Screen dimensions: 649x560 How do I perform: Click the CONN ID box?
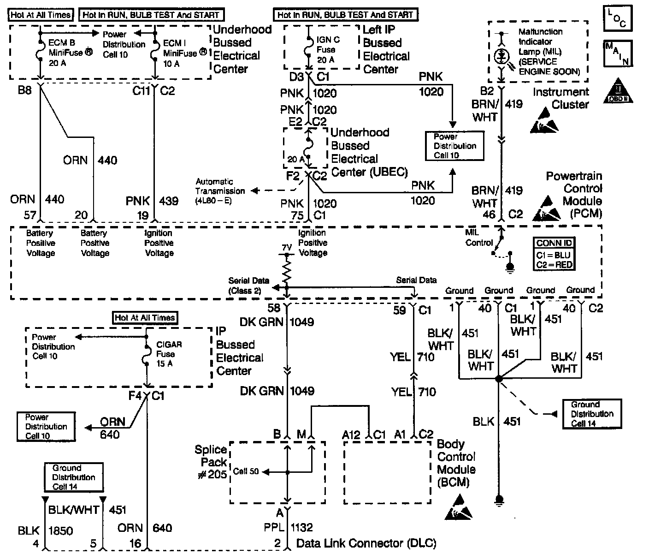point(554,254)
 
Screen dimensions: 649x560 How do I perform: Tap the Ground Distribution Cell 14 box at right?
point(592,414)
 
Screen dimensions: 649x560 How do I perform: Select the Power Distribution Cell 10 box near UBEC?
point(454,146)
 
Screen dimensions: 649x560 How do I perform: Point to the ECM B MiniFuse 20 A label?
point(71,53)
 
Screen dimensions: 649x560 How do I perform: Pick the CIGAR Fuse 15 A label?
point(169,354)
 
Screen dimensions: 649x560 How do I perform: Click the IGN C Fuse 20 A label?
point(328,50)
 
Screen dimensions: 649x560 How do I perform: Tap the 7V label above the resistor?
point(287,248)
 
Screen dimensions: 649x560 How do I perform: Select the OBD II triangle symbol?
point(618,91)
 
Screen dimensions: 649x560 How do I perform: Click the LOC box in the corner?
point(618,18)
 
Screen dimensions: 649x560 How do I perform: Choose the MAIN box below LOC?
point(618,54)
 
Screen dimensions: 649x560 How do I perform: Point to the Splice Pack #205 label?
point(211,462)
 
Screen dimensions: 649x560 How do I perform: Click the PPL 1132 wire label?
point(289,527)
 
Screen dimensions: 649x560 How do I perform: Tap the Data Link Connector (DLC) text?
point(366,543)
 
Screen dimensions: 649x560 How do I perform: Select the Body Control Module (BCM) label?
point(456,463)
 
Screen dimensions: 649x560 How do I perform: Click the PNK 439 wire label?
point(152,201)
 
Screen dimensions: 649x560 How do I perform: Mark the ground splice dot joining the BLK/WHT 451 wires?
point(499,379)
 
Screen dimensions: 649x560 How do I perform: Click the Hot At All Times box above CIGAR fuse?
point(145,318)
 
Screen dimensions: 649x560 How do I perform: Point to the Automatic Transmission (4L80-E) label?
point(220,191)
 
